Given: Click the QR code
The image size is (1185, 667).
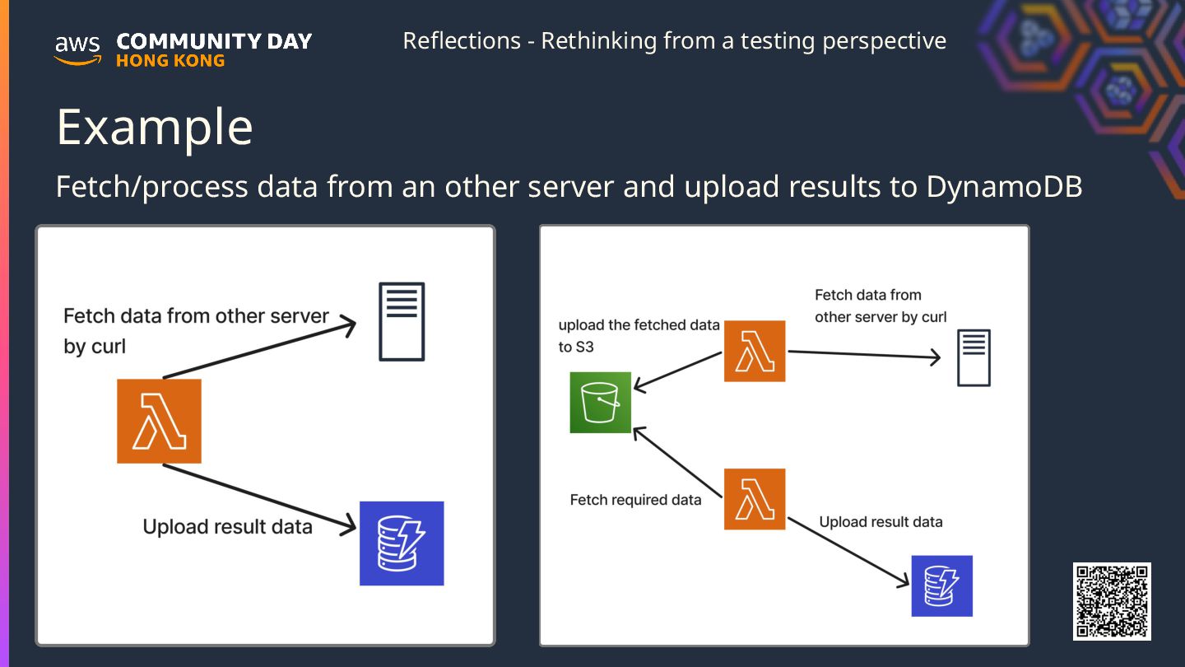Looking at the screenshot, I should tap(1112, 601).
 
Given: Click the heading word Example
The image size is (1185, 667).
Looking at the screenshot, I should tap(155, 127).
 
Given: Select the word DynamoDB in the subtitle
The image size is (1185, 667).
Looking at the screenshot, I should tap(1004, 187).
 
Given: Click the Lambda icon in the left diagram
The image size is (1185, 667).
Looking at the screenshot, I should tap(159, 421).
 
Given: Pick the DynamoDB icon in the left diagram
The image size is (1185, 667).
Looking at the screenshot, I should tap(402, 543).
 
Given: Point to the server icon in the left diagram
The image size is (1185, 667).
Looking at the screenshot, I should tap(402, 321).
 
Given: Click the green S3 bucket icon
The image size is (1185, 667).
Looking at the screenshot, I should tap(601, 402).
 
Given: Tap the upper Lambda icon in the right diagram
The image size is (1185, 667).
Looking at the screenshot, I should tap(755, 351).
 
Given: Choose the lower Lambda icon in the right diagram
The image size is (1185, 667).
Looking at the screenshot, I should tap(755, 499).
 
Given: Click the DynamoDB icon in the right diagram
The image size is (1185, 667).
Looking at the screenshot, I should tap(942, 585).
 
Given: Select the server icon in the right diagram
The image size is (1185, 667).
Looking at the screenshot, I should tap(974, 357).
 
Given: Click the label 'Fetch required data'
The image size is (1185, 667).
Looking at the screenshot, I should tap(635, 500).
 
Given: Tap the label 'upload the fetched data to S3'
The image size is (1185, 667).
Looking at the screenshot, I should tap(639, 336).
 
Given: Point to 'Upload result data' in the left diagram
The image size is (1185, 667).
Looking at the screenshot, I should tap(227, 527).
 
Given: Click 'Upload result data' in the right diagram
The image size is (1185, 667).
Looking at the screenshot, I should tap(881, 522).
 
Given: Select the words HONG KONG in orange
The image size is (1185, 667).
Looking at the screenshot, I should tap(170, 61).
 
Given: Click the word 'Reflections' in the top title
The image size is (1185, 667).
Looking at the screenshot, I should tap(462, 40).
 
